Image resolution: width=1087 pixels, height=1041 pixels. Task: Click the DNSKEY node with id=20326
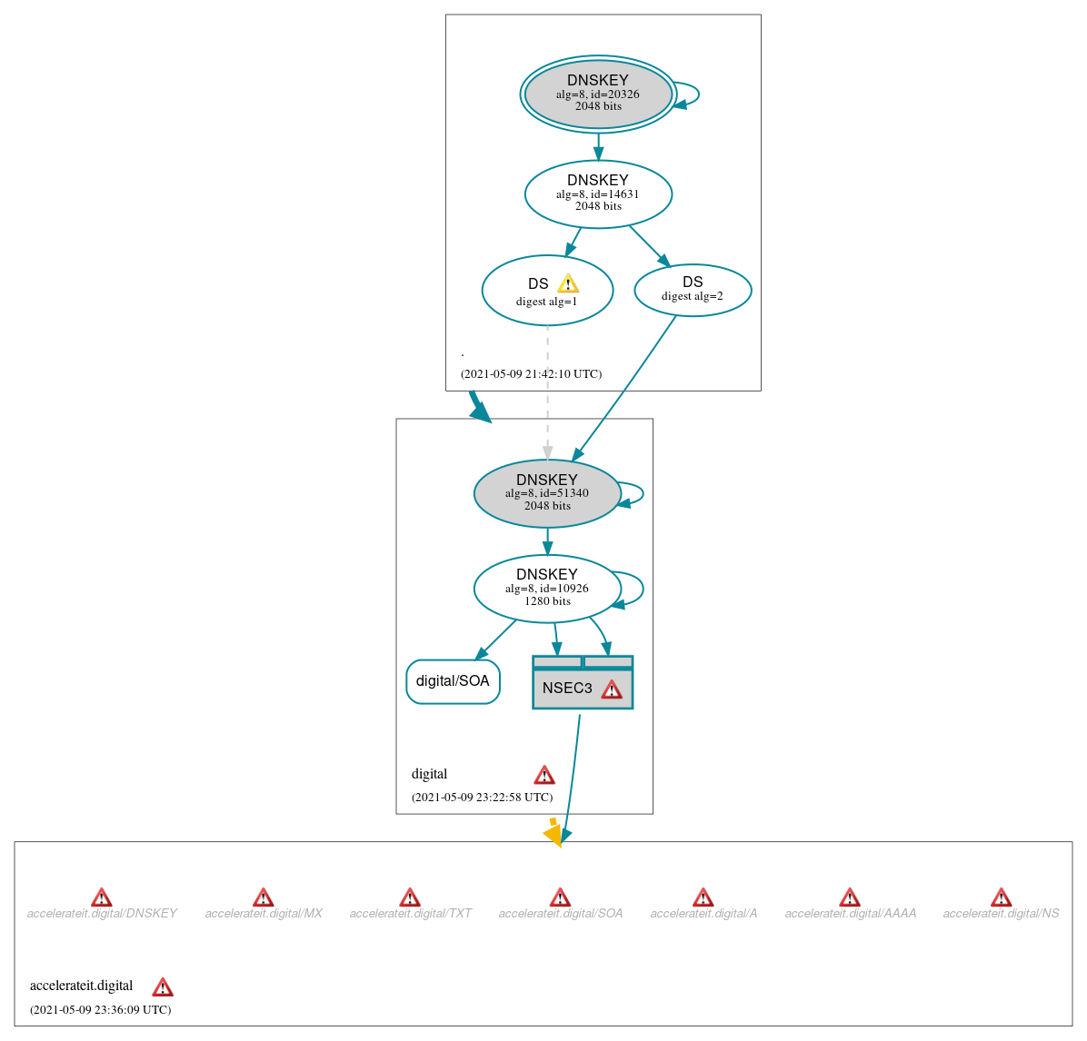click(x=598, y=94)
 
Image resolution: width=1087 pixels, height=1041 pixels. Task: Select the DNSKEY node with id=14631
click(x=598, y=193)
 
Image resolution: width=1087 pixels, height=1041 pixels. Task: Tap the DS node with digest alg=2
click(x=693, y=290)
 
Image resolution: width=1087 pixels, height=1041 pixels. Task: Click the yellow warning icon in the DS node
click(x=568, y=283)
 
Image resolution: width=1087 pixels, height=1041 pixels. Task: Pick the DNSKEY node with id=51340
click(x=547, y=493)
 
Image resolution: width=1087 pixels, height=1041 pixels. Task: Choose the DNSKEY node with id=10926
click(x=547, y=588)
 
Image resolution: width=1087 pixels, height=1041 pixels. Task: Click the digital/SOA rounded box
click(x=453, y=681)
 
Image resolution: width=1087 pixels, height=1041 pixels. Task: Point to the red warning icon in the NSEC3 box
click(x=612, y=689)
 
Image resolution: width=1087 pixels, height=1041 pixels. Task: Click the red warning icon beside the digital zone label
click(x=544, y=775)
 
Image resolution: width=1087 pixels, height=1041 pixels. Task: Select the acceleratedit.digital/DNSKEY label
click(x=102, y=914)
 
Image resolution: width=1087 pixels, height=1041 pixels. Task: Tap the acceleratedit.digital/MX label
click(x=264, y=914)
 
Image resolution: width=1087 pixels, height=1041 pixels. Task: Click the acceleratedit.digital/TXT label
click(x=410, y=914)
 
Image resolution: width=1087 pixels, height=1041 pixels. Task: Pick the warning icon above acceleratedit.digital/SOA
click(x=560, y=897)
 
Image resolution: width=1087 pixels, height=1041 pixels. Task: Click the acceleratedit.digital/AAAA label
click(x=850, y=914)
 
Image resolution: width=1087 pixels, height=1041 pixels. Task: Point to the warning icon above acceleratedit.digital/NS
click(x=1001, y=897)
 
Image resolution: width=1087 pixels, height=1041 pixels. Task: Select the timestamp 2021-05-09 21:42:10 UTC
click(x=531, y=374)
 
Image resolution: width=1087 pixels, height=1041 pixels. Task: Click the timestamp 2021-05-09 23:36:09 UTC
click(x=100, y=1010)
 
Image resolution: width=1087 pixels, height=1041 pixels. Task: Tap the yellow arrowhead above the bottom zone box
click(x=553, y=834)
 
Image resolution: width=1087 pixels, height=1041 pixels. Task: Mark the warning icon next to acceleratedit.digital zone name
click(x=163, y=987)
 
